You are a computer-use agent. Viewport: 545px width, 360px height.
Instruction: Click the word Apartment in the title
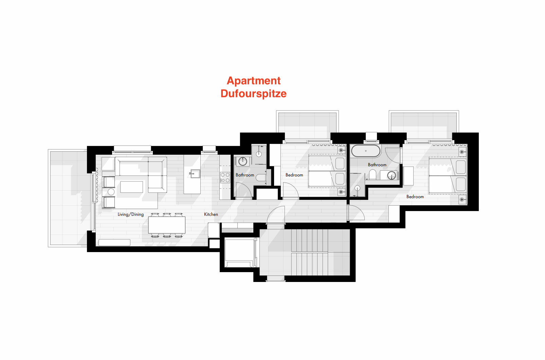pyautogui.click(x=254, y=81)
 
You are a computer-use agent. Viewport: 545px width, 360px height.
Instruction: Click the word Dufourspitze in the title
pyautogui.click(x=253, y=94)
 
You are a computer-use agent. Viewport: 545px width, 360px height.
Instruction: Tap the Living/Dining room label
pyautogui.click(x=130, y=214)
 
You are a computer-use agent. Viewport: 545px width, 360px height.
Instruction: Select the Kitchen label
pyautogui.click(x=211, y=214)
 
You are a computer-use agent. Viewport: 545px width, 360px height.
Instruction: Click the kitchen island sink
pyautogui.click(x=195, y=174)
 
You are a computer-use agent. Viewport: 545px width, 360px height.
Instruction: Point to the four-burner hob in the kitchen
pyautogui.click(x=225, y=177)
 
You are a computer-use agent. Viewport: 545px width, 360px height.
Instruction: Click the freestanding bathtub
pyautogui.click(x=366, y=151)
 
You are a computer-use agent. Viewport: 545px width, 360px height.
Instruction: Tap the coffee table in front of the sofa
pyautogui.click(x=132, y=187)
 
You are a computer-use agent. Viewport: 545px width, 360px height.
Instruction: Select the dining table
pyautogui.click(x=167, y=225)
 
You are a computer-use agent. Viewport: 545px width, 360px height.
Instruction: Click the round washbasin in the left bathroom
pyautogui.click(x=243, y=162)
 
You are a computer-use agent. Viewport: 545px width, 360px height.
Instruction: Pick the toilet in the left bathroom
pyautogui.click(x=261, y=177)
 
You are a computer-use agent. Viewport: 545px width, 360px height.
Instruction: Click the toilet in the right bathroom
pyautogui.click(x=373, y=174)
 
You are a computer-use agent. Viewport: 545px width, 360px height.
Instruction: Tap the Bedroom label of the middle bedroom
pyautogui.click(x=294, y=175)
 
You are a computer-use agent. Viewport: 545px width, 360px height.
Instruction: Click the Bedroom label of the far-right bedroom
pyautogui.click(x=415, y=197)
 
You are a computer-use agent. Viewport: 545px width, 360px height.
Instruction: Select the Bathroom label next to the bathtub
pyautogui.click(x=377, y=165)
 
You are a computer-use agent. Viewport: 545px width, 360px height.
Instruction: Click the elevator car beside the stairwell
pyautogui.click(x=239, y=252)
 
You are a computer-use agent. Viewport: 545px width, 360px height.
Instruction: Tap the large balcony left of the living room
pyautogui.click(x=68, y=198)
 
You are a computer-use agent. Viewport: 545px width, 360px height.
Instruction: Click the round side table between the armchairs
pyautogui.click(x=111, y=192)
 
